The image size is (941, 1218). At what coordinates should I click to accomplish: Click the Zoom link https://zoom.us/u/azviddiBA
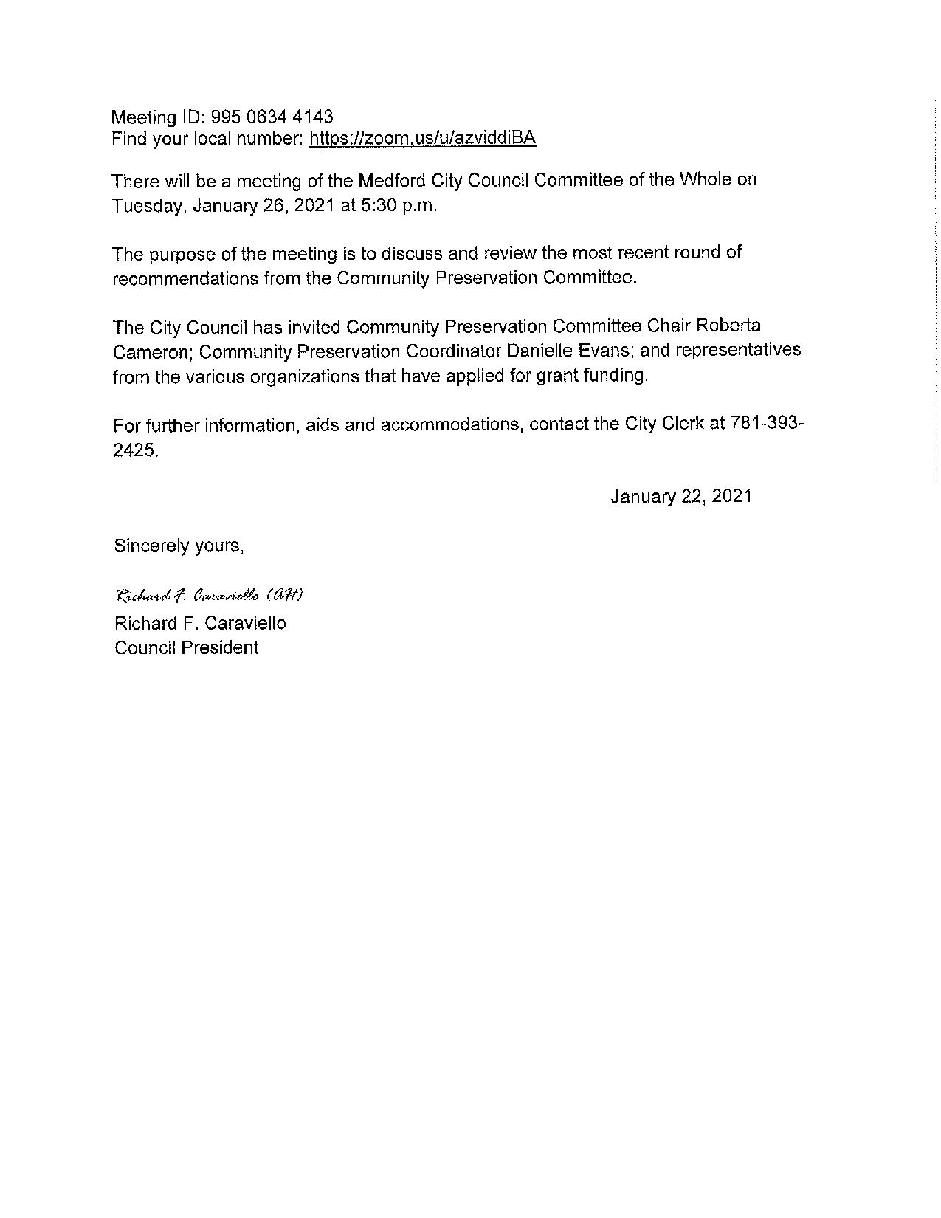pos(422,138)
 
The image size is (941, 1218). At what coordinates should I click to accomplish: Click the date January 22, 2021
pos(680,496)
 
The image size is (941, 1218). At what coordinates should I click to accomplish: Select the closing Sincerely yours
pos(179,546)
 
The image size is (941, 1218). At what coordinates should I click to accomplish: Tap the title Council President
pos(187,648)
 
